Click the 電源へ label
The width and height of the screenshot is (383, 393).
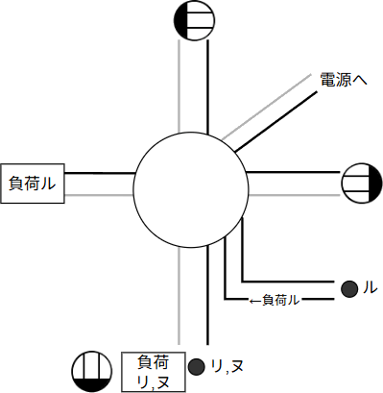click(344, 83)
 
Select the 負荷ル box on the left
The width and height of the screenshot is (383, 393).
click(33, 184)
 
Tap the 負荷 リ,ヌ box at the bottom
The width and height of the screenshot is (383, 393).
click(153, 371)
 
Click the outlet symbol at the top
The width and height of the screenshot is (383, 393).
click(190, 20)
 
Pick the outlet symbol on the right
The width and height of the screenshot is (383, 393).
click(360, 181)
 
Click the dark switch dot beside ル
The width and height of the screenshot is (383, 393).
click(349, 286)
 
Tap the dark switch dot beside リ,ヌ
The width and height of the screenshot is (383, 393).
click(196, 366)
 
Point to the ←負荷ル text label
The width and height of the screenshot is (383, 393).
click(275, 300)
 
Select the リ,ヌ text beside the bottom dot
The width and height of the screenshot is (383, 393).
click(227, 366)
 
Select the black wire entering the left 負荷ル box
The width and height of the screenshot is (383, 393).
click(100, 174)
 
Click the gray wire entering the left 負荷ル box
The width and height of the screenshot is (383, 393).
click(100, 195)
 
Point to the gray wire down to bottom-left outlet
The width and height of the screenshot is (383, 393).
click(179, 288)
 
